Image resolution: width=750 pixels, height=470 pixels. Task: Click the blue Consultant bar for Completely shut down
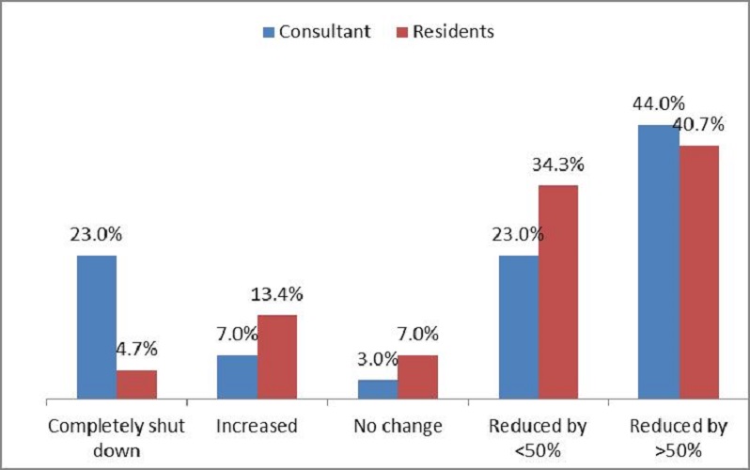click(97, 327)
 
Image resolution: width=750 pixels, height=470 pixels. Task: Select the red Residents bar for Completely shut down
click(137, 384)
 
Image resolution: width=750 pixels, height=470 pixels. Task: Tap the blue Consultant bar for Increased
click(237, 377)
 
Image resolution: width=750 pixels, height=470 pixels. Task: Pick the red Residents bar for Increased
click(277, 356)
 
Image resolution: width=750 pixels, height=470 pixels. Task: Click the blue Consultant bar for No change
click(378, 389)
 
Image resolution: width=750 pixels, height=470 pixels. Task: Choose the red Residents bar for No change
click(417, 377)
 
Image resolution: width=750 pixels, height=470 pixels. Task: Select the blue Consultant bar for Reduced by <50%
click(519, 327)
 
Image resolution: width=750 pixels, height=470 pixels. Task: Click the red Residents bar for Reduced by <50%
click(558, 292)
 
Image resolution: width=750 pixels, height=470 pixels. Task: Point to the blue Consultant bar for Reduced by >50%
click(659, 262)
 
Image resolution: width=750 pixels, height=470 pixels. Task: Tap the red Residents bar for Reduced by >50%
click(699, 272)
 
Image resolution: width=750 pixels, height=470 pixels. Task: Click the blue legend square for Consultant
click(269, 32)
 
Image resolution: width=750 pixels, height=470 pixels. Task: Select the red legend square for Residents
click(402, 32)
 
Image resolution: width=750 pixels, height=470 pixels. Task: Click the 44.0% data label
click(659, 103)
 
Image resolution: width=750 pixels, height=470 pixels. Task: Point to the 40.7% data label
click(698, 124)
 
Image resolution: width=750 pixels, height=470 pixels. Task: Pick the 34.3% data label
click(558, 164)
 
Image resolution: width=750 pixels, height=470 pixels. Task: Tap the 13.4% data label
click(277, 294)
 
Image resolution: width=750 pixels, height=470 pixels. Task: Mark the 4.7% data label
click(137, 349)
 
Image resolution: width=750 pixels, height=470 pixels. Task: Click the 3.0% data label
click(378, 359)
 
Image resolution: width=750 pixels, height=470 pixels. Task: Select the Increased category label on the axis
click(257, 426)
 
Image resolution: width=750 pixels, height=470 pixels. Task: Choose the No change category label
click(398, 427)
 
